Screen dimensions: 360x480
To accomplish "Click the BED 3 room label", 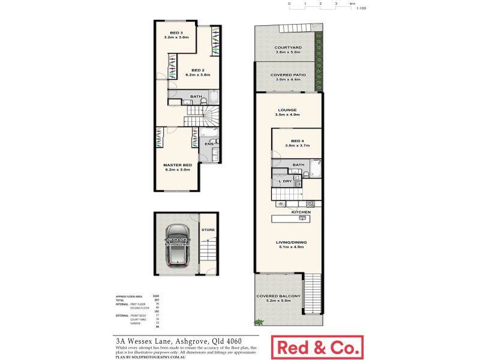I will click(x=176, y=32).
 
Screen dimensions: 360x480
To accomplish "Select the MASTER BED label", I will click(x=178, y=164).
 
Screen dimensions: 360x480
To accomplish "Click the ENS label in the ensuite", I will click(x=209, y=144).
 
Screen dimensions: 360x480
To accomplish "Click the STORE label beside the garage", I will click(x=208, y=229).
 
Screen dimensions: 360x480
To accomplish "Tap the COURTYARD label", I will click(x=287, y=47).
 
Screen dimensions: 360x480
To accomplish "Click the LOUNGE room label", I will click(x=288, y=110).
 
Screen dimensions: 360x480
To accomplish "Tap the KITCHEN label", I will click(x=301, y=212).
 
